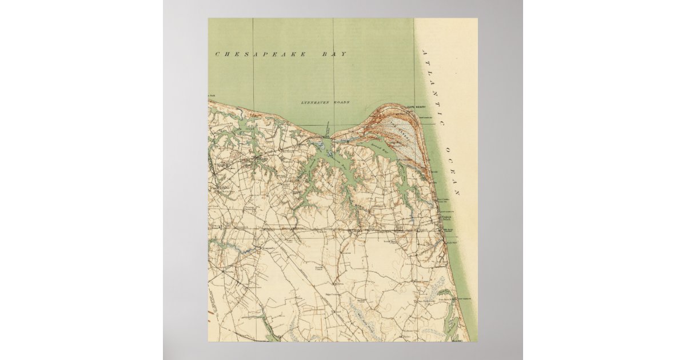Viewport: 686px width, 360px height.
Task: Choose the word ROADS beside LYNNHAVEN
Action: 341,102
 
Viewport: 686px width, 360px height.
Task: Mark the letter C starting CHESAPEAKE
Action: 217,54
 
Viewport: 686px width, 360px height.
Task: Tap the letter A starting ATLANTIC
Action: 424,53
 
